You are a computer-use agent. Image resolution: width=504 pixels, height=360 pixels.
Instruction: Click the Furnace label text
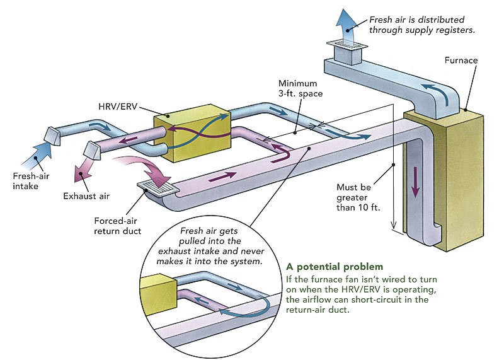(x=461, y=61)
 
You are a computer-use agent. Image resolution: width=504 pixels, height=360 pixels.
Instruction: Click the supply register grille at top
(x=345, y=45)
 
